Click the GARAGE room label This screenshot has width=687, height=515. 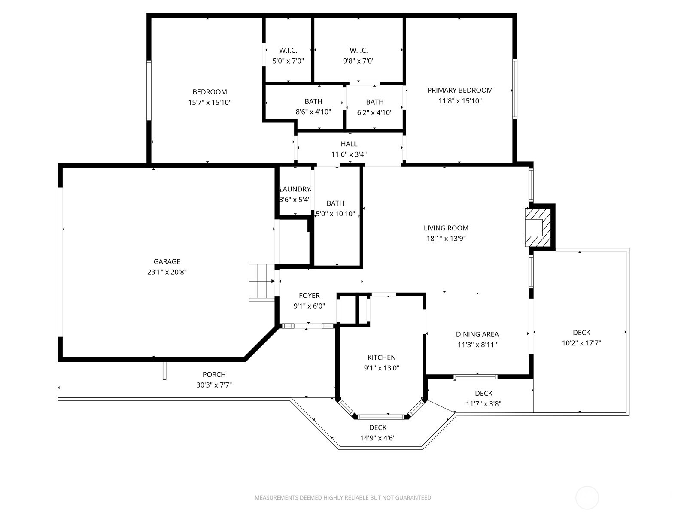(167, 261)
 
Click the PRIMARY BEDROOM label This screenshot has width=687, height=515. (460, 90)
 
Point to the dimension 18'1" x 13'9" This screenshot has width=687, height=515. (446, 239)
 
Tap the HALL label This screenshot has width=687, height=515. (349, 144)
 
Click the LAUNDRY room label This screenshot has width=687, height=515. (295, 189)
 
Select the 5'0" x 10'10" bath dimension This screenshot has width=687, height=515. (335, 214)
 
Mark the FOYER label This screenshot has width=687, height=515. (309, 295)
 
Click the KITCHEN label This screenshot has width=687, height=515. (381, 357)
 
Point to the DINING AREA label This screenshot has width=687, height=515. (477, 334)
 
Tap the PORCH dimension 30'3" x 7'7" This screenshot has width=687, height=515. (214, 385)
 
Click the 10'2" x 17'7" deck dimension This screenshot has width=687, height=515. (581, 343)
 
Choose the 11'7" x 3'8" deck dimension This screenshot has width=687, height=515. (483, 403)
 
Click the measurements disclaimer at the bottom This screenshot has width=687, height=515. (343, 498)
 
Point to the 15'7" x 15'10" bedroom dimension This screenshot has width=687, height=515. (210, 102)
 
